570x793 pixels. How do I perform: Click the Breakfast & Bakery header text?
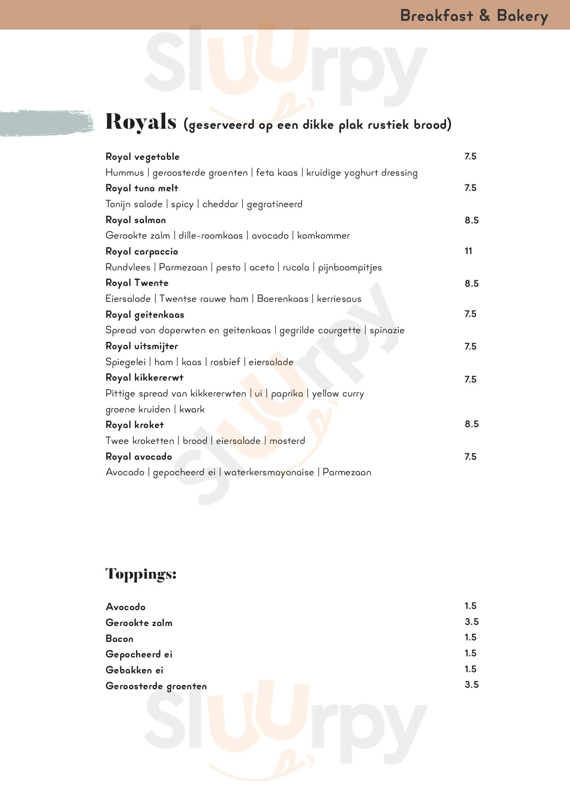coord(474,16)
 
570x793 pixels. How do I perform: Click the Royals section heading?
coord(141,122)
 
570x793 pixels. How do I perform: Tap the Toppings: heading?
coord(141,574)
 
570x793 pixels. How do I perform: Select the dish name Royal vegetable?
coord(142,157)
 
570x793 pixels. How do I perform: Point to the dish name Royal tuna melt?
coord(142,188)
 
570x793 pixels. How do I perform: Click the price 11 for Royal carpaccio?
coord(468,251)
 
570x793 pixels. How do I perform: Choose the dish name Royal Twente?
coord(137,283)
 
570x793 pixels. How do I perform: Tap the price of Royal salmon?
coord(471,220)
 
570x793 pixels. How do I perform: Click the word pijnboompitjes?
coord(350,268)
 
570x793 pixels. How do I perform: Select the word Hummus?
coord(125,173)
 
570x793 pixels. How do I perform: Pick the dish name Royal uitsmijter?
coord(142,346)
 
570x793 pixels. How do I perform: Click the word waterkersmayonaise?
coord(269,472)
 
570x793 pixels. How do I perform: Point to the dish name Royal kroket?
coord(135,425)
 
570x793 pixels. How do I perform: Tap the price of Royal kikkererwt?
coord(470,379)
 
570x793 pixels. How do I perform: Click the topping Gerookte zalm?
coord(139,623)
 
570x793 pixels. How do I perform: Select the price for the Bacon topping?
coord(470,637)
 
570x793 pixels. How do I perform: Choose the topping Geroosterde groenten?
coord(156,686)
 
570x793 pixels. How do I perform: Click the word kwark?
coord(192,409)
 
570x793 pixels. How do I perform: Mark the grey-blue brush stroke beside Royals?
coord(45,123)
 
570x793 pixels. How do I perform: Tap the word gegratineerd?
coord(274,204)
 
